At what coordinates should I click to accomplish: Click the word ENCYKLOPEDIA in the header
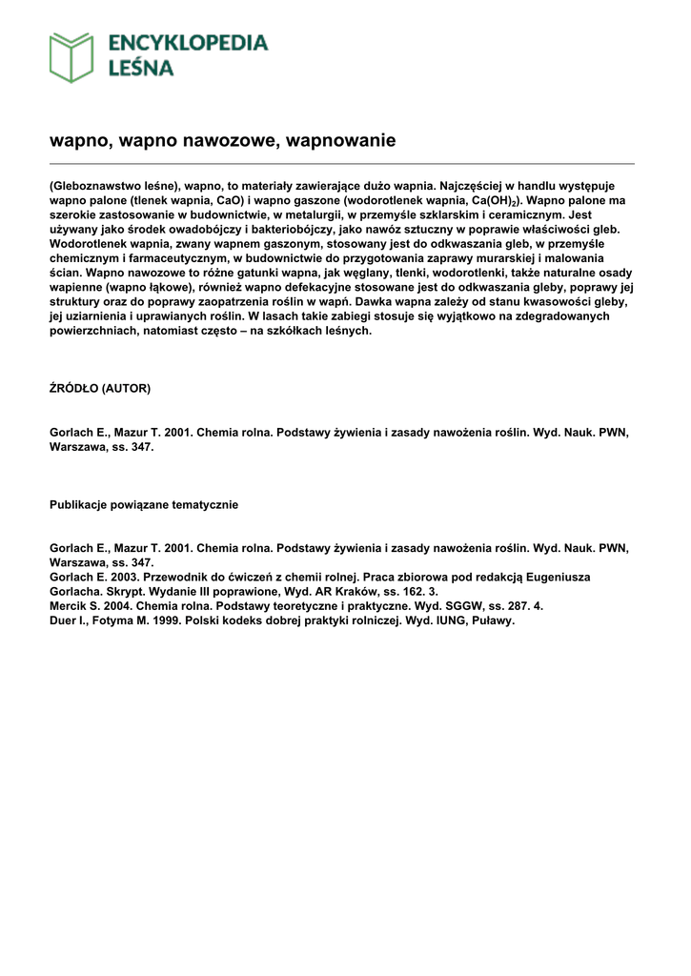tap(188, 43)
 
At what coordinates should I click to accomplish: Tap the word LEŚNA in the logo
tap(140, 68)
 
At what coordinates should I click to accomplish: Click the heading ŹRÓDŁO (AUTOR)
tap(100, 388)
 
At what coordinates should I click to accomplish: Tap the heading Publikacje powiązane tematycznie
tap(144, 505)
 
